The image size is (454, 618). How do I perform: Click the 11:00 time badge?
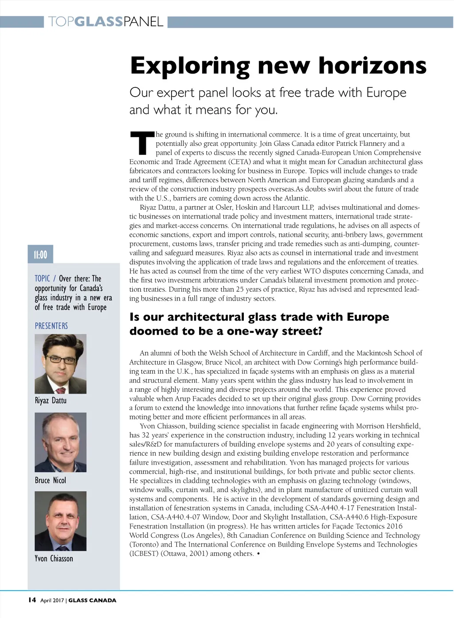(40, 254)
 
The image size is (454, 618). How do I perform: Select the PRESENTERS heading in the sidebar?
(51, 326)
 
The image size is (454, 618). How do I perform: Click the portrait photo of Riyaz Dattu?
(60, 364)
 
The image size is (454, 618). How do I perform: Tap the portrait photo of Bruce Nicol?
(60, 442)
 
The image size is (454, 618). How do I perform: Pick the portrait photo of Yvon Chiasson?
(60, 521)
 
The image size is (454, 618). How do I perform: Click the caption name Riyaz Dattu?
(51, 400)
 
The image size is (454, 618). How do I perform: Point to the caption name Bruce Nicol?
(50, 480)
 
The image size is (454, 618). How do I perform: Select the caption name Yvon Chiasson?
(54, 559)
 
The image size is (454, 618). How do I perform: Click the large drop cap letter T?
(141, 142)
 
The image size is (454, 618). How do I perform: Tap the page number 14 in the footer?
(31, 600)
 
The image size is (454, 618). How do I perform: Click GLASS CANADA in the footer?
(92, 600)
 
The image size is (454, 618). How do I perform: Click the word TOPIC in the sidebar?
(42, 278)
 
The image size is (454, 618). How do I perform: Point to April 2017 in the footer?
(53, 600)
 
